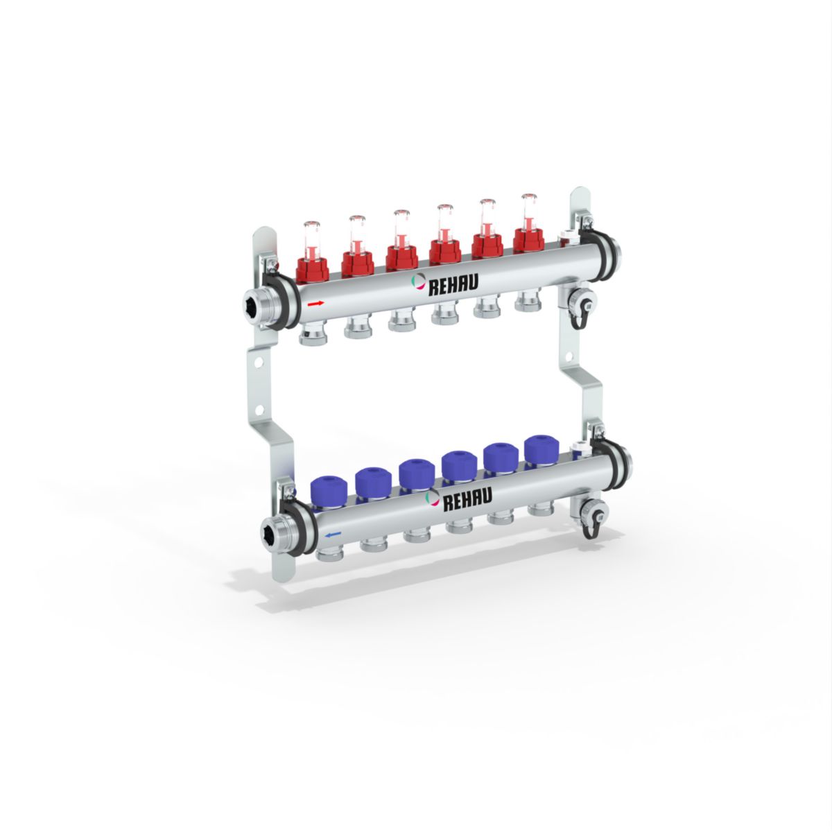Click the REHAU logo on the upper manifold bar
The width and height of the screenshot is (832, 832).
click(x=444, y=284)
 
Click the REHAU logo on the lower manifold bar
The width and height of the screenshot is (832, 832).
click(x=458, y=499)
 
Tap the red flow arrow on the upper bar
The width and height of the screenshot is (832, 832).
click(x=315, y=304)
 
